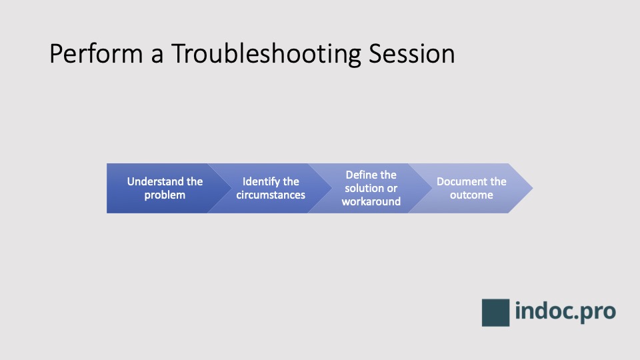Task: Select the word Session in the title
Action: coord(412,54)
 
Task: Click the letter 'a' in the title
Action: coord(157,55)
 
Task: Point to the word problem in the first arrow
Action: coord(165,195)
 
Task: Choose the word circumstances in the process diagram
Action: coord(271,195)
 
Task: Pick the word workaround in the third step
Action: coord(371,201)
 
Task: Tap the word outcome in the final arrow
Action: coord(471,195)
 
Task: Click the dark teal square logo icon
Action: coord(495,312)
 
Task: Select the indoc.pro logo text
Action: coord(565,311)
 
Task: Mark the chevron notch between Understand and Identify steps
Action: coord(227,188)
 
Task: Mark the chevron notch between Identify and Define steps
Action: coord(327,188)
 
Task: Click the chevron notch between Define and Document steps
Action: coord(428,188)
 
